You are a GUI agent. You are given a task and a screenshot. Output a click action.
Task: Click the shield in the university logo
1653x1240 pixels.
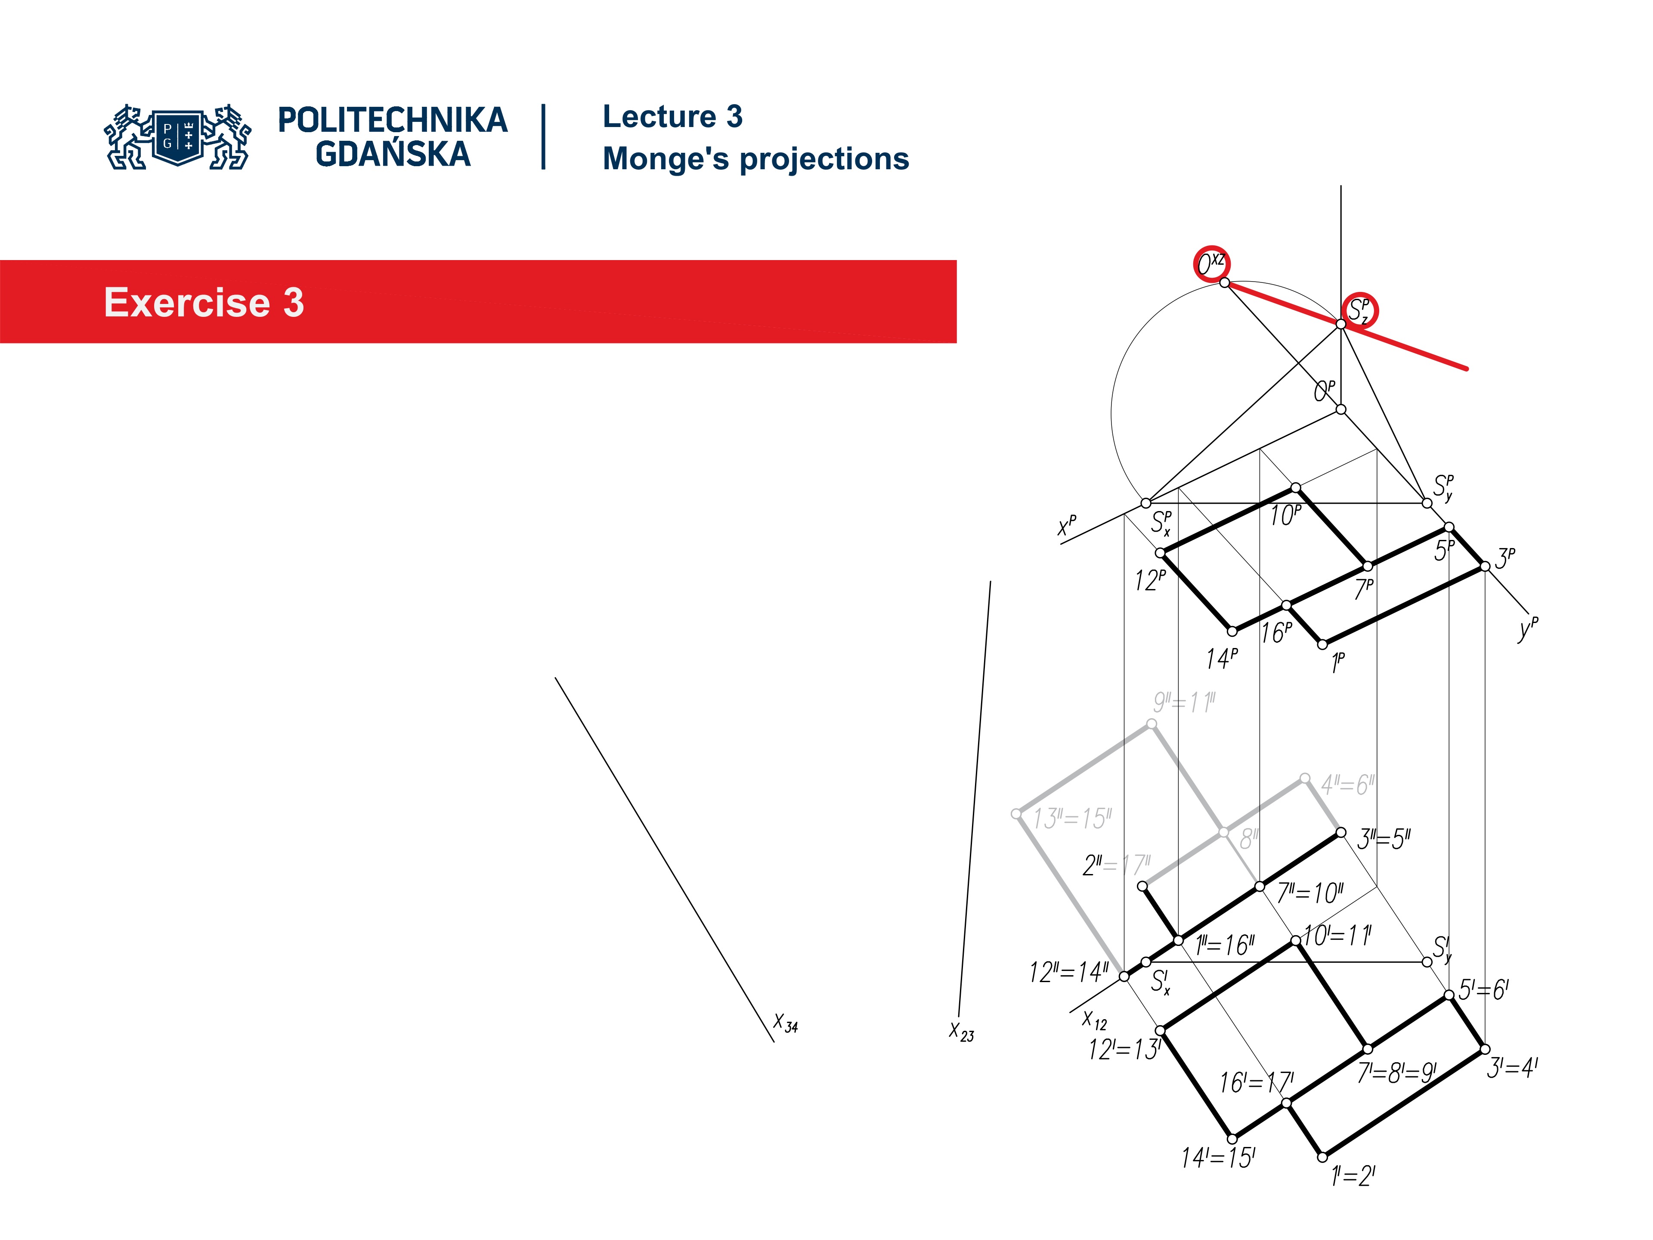(178, 137)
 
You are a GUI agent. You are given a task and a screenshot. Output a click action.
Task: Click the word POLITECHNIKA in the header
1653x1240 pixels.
(392, 120)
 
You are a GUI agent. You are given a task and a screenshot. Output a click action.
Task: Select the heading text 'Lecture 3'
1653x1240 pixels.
(672, 117)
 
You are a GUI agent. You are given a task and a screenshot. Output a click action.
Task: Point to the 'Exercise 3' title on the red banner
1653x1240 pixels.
(204, 303)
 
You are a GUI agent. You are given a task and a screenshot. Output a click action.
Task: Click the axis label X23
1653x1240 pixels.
(961, 1032)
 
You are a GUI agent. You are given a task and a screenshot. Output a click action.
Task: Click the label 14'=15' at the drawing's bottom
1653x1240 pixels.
(1218, 1158)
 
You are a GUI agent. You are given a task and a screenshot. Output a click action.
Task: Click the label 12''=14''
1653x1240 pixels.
(1068, 973)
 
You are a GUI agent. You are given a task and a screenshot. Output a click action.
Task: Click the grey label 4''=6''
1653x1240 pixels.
(1347, 785)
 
